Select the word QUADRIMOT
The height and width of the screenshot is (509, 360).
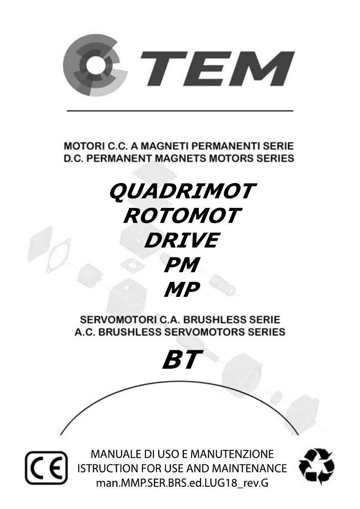[x=183, y=191]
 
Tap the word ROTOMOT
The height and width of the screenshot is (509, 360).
[x=182, y=216]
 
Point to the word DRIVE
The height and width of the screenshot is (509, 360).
[x=182, y=240]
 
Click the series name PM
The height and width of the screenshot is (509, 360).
[x=181, y=265]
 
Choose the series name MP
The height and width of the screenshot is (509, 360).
[x=181, y=289]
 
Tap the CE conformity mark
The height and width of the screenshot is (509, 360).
[x=47, y=468]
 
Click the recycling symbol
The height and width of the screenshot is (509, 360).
[x=316, y=466]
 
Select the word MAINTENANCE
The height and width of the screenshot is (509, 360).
[x=249, y=468]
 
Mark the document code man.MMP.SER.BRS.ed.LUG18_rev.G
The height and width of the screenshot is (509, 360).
[x=182, y=483]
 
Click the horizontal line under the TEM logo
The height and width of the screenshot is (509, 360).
[x=180, y=111]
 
